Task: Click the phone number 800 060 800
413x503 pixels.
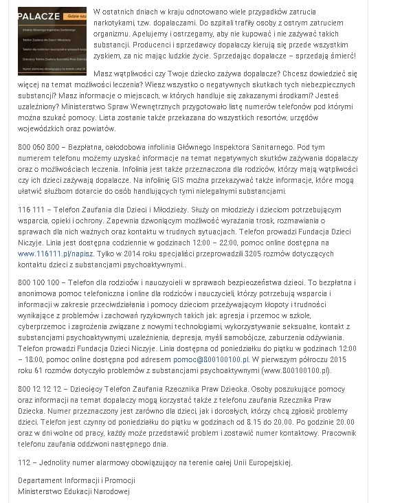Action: [40, 146]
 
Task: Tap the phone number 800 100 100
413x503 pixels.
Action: [40, 282]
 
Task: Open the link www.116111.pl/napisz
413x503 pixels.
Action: [52, 254]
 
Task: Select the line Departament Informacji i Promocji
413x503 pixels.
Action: [76, 480]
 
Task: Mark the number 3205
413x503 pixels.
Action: [234, 254]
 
